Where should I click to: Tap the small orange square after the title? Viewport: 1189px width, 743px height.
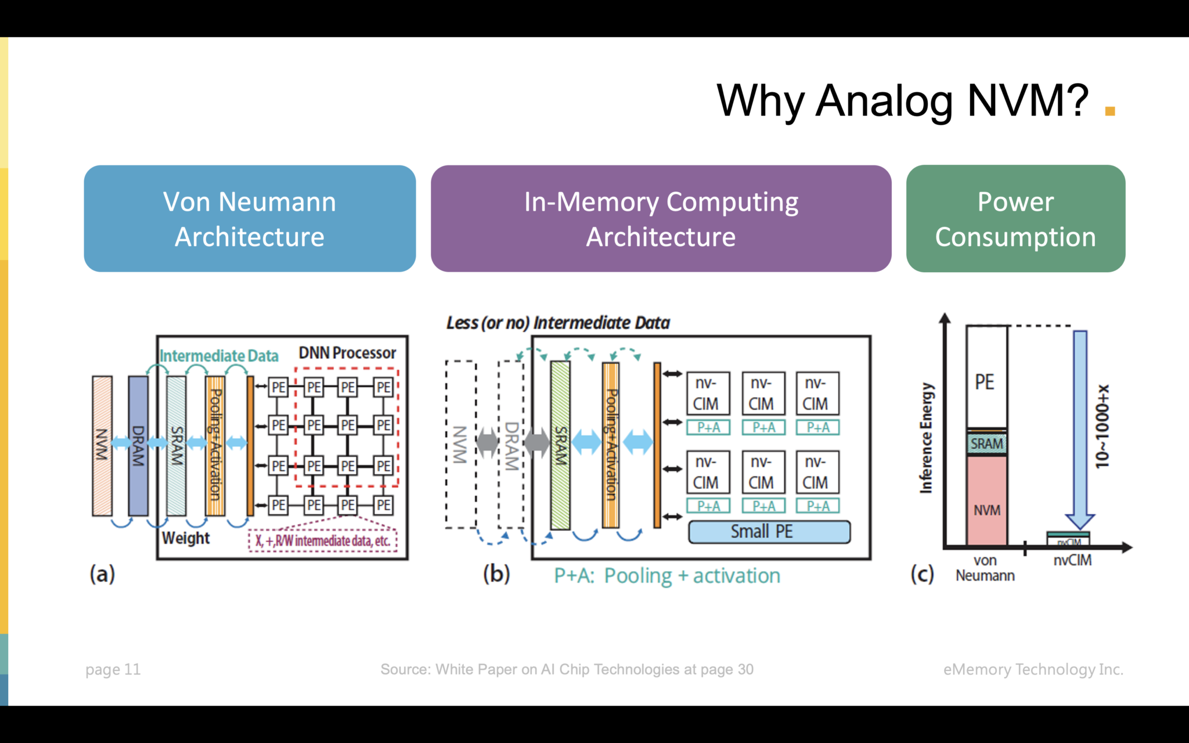pyautogui.click(x=1109, y=111)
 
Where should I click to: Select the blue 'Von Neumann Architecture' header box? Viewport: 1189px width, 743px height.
pyautogui.click(x=250, y=219)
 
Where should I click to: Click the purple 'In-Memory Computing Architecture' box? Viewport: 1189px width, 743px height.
pyautogui.click(x=661, y=219)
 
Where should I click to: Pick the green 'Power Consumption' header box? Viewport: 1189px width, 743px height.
pyautogui.click(x=1015, y=219)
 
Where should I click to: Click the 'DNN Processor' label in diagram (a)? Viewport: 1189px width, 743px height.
pyautogui.click(x=347, y=353)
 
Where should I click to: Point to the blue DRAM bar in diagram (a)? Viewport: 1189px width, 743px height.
pyautogui.click(x=138, y=445)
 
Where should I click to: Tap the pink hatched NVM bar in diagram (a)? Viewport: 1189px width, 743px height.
pyautogui.click(x=102, y=445)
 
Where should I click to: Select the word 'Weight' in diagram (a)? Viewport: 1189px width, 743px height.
pyautogui.click(x=186, y=538)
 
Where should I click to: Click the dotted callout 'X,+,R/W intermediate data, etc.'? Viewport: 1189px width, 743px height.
pyautogui.click(x=323, y=541)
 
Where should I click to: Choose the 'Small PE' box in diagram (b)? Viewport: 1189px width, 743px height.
pyautogui.click(x=769, y=532)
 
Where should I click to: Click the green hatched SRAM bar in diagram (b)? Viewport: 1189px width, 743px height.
pyautogui.click(x=560, y=445)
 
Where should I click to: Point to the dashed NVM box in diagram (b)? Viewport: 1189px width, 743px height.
pyautogui.click(x=460, y=445)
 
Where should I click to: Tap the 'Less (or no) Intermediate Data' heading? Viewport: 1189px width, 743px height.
pyautogui.click(x=558, y=323)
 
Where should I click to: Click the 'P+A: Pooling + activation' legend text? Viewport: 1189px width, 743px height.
pyautogui.click(x=667, y=576)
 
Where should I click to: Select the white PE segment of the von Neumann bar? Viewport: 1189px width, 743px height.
pyautogui.click(x=986, y=377)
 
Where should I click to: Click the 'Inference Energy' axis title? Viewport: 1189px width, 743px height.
pyautogui.click(x=926, y=438)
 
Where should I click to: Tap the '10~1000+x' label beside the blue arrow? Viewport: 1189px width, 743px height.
pyautogui.click(x=1102, y=427)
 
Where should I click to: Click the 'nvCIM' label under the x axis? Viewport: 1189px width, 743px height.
pyautogui.click(x=1072, y=561)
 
